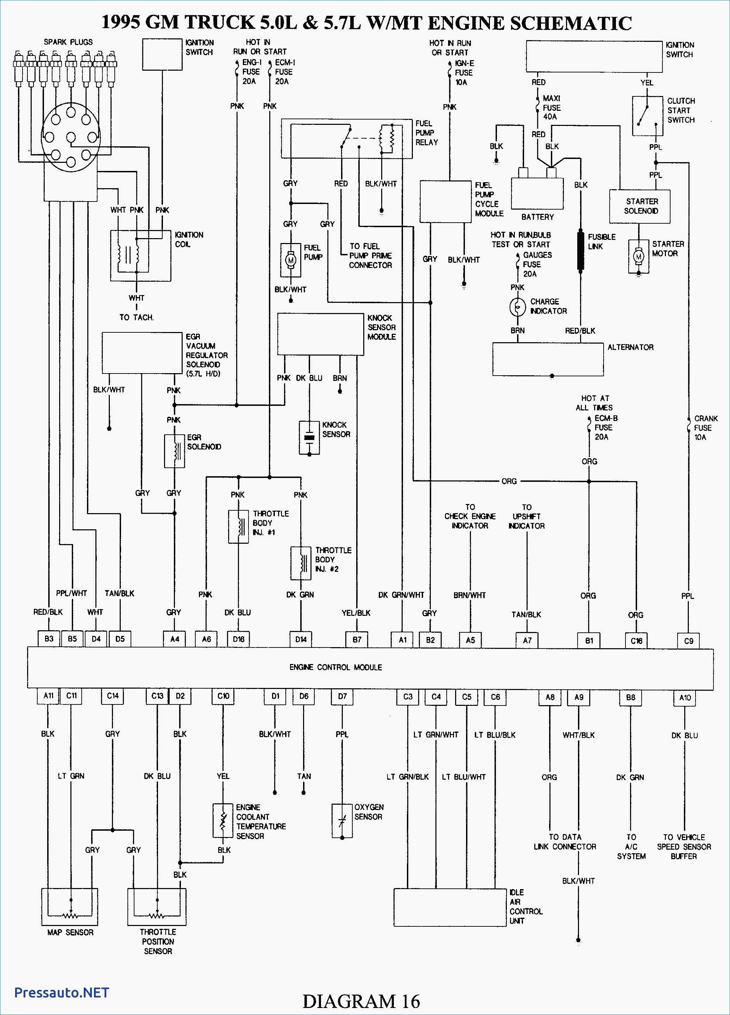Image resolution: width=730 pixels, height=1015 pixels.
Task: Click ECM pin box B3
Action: (49, 639)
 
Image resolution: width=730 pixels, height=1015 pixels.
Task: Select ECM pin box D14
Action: (301, 639)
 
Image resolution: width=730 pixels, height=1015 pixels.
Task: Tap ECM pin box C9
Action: (689, 641)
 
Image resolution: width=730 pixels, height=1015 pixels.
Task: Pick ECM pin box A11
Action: (48, 696)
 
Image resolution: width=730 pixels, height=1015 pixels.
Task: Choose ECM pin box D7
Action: (342, 696)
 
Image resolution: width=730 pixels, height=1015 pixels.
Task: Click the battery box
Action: (537, 193)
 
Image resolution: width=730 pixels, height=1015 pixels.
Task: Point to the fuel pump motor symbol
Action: (291, 260)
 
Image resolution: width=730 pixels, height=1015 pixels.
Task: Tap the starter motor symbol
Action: (638, 256)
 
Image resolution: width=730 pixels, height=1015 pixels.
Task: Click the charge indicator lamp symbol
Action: (518, 307)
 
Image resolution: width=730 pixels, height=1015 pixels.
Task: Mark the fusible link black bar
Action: (580, 251)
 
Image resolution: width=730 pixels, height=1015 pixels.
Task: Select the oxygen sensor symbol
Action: (342, 821)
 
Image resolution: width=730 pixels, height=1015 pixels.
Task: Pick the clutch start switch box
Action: (648, 116)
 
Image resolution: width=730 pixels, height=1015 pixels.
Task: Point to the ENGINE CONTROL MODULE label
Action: (336, 667)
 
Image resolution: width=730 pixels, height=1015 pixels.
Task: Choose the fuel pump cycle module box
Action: (445, 202)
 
